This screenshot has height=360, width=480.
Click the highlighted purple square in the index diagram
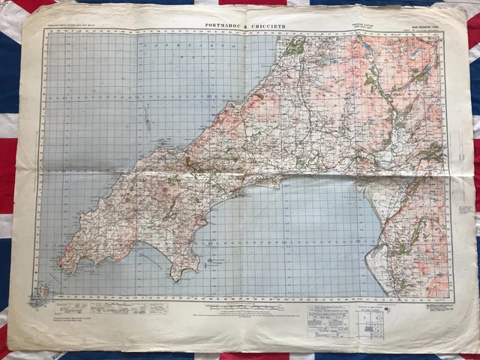[367, 320]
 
